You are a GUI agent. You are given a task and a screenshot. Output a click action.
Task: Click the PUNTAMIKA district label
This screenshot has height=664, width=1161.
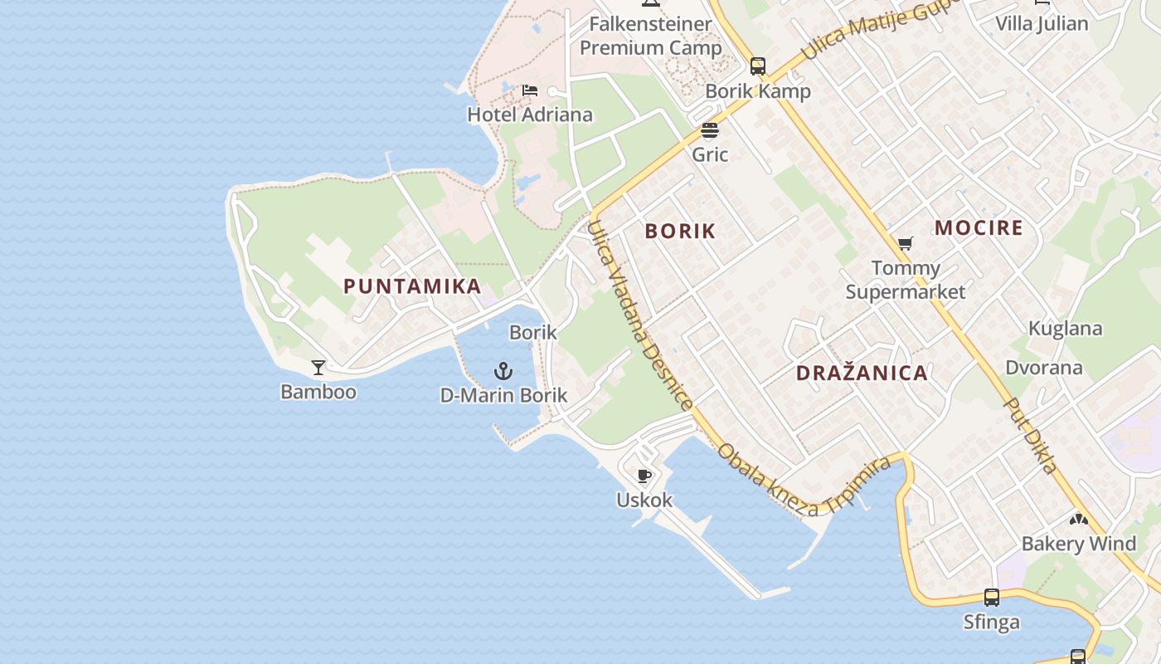[412, 286]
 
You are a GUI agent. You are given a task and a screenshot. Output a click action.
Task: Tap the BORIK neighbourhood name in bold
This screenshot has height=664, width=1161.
[680, 232]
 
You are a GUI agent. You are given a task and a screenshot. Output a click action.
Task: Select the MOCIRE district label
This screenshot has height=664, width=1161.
[979, 228]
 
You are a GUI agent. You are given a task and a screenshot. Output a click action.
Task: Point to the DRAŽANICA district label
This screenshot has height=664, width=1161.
[862, 373]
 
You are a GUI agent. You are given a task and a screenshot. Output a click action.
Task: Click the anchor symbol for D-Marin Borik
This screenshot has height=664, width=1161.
[503, 371]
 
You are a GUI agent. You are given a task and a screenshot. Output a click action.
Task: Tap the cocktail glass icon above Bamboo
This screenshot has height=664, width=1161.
[318, 367]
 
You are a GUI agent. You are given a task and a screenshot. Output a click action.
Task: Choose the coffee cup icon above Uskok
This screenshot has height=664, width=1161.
[644, 476]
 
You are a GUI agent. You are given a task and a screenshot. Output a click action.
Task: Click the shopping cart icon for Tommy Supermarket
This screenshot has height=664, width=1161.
[905, 244]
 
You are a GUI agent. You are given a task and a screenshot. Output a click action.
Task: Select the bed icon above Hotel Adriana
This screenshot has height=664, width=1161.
[530, 90]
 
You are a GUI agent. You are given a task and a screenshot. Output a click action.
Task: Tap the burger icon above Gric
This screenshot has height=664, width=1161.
[710, 130]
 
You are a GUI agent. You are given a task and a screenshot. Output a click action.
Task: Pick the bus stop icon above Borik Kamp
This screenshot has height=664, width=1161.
[758, 66]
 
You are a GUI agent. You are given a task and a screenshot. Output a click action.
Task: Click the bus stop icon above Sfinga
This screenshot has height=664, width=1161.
[992, 597]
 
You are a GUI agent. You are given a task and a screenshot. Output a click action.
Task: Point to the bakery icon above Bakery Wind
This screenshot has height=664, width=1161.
[1078, 520]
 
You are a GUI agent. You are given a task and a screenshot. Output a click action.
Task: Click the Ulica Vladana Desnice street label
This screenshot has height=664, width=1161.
[639, 315]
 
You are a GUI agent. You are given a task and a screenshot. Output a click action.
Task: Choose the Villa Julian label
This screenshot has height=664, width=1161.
[1042, 23]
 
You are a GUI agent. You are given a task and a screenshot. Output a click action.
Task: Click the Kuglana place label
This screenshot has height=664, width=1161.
[1065, 329]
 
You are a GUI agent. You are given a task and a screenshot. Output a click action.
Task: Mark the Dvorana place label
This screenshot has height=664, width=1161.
[1044, 368]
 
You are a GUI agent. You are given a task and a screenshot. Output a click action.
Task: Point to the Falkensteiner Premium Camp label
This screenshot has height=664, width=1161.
[651, 36]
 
